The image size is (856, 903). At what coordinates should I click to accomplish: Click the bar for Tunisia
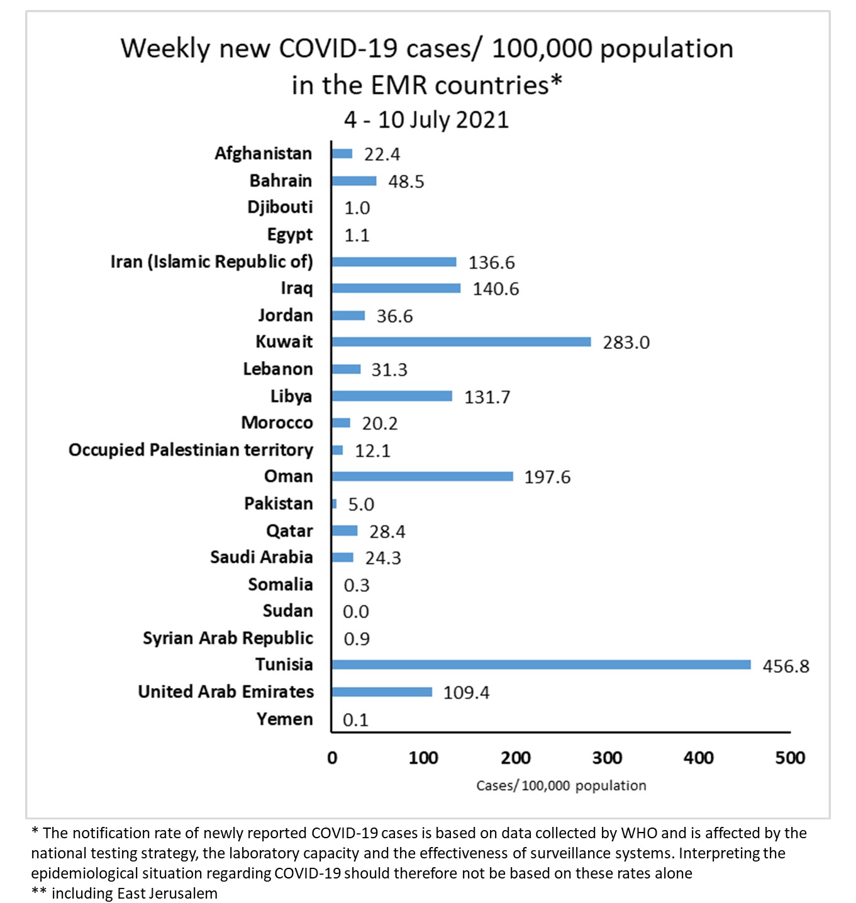(x=541, y=665)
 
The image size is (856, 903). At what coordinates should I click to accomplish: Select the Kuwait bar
(x=461, y=341)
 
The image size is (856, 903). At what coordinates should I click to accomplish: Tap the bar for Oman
(x=422, y=476)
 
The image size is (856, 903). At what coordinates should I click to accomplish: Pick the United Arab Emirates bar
(x=382, y=692)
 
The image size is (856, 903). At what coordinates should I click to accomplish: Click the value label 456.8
(x=786, y=666)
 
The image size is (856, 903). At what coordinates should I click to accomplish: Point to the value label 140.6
(x=496, y=289)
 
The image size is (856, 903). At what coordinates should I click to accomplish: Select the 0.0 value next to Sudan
(x=356, y=612)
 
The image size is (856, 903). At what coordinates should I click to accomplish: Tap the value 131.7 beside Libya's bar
(x=487, y=397)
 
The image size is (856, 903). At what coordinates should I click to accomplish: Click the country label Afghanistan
(x=263, y=153)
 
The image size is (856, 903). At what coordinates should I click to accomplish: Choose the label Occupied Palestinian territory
(x=191, y=450)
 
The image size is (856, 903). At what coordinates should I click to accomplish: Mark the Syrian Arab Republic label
(x=228, y=638)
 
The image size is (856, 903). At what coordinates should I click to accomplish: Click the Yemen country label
(x=284, y=719)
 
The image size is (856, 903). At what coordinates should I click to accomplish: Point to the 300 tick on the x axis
(x=607, y=758)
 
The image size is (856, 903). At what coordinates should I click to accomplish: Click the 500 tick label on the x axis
(x=790, y=758)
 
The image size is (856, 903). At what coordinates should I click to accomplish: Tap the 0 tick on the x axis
(x=332, y=758)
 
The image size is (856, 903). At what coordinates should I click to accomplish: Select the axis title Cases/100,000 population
(x=561, y=785)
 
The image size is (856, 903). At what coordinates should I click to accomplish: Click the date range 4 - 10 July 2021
(x=426, y=119)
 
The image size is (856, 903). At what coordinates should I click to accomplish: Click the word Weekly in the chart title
(x=165, y=48)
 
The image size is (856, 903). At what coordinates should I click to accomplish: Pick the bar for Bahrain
(x=354, y=181)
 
